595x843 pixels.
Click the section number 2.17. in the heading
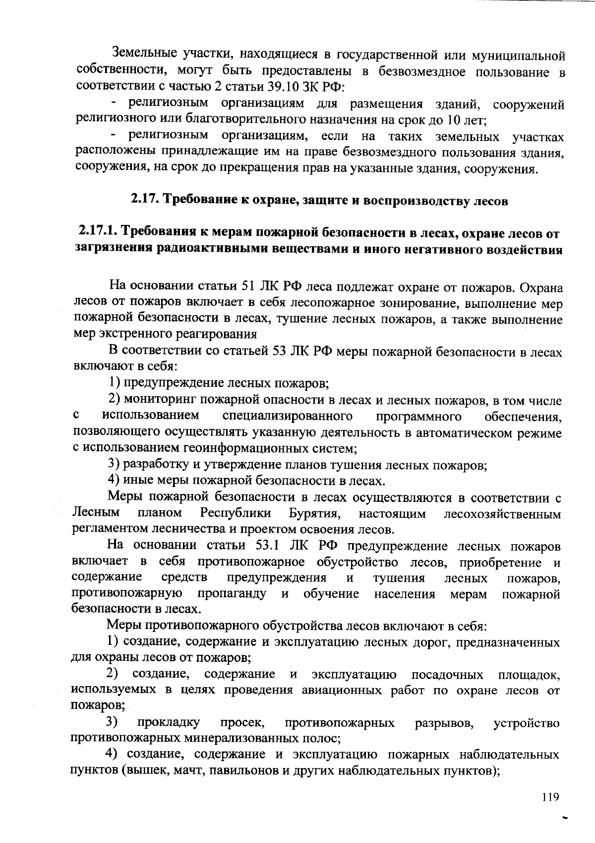144,200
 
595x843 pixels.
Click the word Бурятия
314,513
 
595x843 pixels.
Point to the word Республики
236,513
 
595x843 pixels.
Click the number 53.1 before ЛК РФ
269,546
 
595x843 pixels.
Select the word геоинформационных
237,448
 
